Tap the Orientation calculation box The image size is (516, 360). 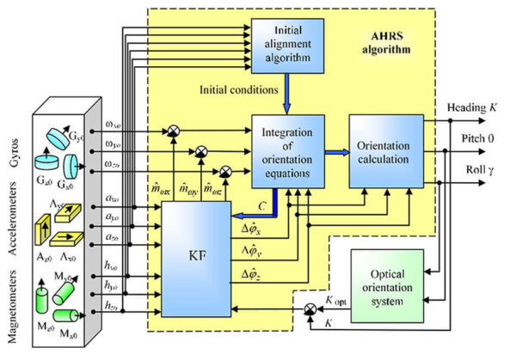(386, 149)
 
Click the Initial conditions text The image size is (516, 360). (237, 88)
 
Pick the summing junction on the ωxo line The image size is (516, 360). (174, 131)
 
